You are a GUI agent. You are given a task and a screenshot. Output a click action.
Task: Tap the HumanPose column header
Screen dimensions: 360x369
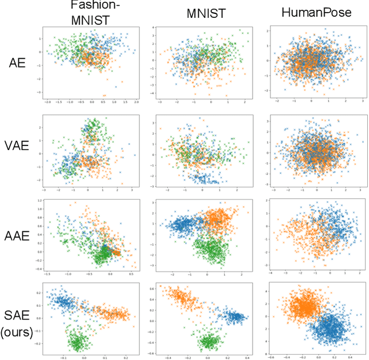317,12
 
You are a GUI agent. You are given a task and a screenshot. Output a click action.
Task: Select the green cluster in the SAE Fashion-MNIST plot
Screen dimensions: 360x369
77,342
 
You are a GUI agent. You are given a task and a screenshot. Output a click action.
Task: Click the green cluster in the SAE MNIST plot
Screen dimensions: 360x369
209,342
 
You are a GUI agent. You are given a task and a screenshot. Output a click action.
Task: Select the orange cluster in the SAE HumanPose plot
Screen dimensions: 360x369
305,306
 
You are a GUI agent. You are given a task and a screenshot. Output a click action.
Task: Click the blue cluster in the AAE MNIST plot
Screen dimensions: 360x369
184,224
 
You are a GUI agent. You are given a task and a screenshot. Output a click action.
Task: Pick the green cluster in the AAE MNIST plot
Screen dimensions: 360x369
209,249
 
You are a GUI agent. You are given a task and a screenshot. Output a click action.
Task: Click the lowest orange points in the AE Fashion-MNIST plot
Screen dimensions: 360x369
104,95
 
